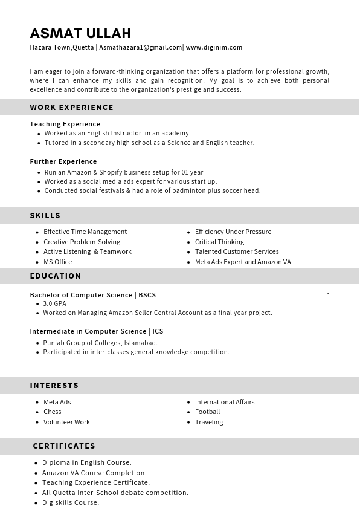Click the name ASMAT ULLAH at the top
80,33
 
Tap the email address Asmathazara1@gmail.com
141,47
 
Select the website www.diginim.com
214,47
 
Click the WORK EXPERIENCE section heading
72,107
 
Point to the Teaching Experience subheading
65,124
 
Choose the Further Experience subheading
63,161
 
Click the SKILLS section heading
45,215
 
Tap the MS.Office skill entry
57,262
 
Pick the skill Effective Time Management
85,232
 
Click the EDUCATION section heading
56,276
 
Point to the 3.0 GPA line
55,303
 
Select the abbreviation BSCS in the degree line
147,295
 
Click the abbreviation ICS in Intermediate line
158,331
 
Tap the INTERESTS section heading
54,385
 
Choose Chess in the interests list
53,412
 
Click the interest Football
207,412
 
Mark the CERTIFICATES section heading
64,446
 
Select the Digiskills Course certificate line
71,502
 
